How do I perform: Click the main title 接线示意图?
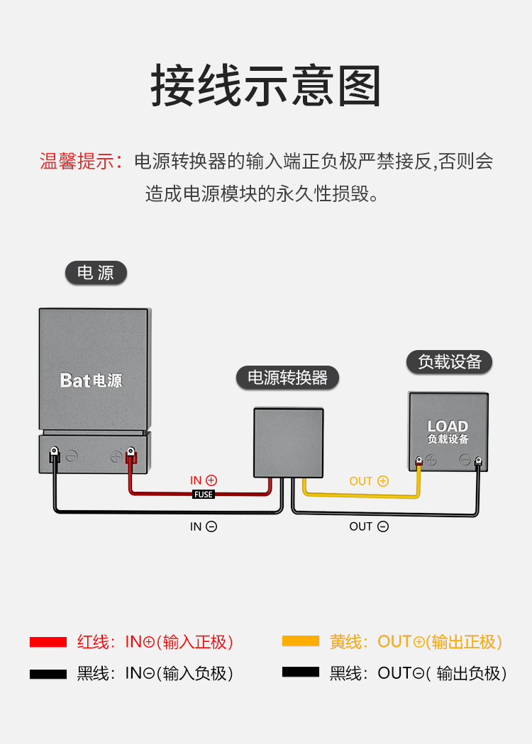click(266, 86)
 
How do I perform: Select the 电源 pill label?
click(96, 273)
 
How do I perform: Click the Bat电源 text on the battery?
click(92, 381)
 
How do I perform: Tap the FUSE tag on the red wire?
click(204, 495)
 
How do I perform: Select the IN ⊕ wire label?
click(204, 480)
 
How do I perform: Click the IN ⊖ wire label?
click(204, 526)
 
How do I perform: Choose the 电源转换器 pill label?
click(287, 378)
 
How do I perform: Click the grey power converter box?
click(289, 442)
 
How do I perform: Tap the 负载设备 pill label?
click(450, 362)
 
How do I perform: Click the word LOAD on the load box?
click(448, 426)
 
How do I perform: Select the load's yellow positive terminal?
click(419, 462)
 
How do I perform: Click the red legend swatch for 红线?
click(48, 642)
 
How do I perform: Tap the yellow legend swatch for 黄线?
click(301, 641)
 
